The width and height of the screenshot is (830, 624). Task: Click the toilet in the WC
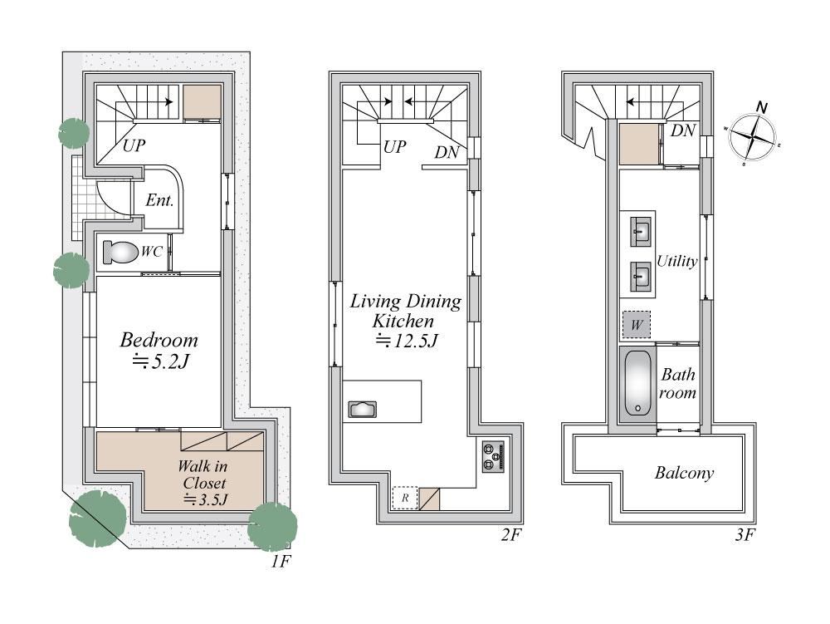[x=120, y=252]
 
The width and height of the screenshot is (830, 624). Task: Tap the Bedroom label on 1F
[x=159, y=340]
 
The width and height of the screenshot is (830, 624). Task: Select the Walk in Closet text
[x=203, y=474]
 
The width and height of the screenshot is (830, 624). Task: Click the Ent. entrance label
[x=159, y=200]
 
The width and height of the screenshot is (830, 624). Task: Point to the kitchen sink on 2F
[x=362, y=410]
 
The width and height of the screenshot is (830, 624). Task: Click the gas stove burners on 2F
[x=493, y=456]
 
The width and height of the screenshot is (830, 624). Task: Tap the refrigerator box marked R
[x=405, y=498]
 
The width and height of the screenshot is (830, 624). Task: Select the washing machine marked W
[x=637, y=325]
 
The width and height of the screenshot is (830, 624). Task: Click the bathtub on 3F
[x=637, y=384]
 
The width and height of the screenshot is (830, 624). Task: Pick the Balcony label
[x=684, y=473]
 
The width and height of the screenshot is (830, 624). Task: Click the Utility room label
[x=677, y=261]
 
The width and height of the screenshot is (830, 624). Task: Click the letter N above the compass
[x=762, y=107]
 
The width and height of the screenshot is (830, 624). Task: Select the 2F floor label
[x=510, y=535]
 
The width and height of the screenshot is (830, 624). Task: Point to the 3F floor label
[x=744, y=535]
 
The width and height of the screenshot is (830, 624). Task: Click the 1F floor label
[x=281, y=562]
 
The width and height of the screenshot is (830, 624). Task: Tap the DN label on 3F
[x=683, y=130]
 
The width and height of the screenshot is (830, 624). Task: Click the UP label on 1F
[x=134, y=145]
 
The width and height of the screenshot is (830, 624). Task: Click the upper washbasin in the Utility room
[x=641, y=232]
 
